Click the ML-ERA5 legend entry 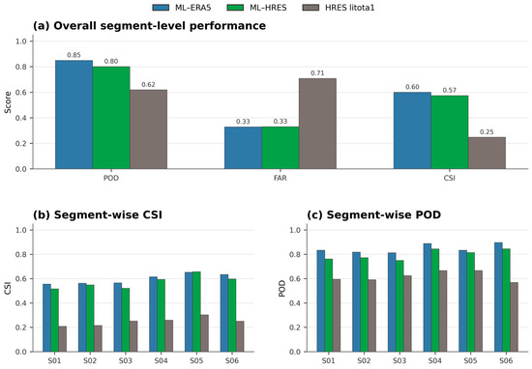[x=182, y=8]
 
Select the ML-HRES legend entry [x=257, y=8]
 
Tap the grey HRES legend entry [x=339, y=8]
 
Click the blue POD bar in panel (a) [x=74, y=115]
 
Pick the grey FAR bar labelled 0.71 [x=317, y=124]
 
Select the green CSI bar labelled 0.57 [x=450, y=132]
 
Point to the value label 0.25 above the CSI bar [x=487, y=131]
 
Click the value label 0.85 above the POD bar [x=74, y=55]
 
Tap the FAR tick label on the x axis [x=281, y=178]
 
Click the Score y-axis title [x=8, y=102]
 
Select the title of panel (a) [x=149, y=26]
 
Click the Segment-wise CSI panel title [x=98, y=214]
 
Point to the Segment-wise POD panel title [x=374, y=214]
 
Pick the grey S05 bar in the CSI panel [x=205, y=333]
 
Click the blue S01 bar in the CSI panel [x=46, y=318]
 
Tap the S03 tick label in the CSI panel [x=126, y=361]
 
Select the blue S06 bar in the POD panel [x=498, y=298]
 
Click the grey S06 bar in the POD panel [x=515, y=317]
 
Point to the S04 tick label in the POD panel [x=435, y=361]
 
